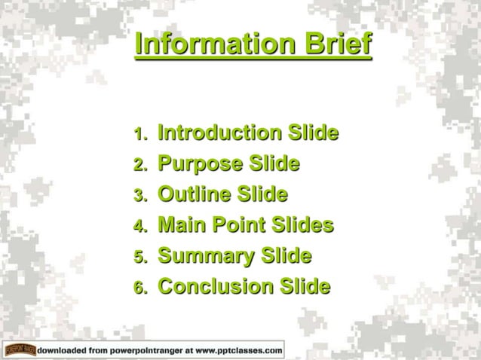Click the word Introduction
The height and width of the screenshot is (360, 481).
[219, 134]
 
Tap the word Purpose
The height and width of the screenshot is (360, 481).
[201, 165]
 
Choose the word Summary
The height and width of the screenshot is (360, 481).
[205, 257]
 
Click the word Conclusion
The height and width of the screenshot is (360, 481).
[216, 287]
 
